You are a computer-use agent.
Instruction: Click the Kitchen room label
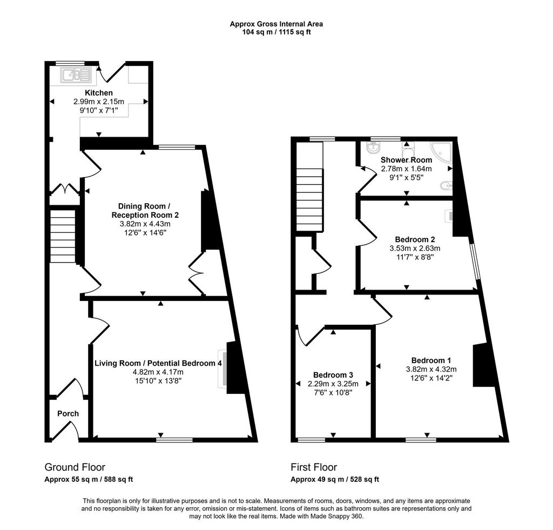[x=99, y=93]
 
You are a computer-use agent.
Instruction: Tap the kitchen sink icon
[x=76, y=75]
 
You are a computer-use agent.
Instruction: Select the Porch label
[x=68, y=413]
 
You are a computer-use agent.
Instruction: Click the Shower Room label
[x=406, y=160]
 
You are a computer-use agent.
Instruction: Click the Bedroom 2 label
[x=415, y=239]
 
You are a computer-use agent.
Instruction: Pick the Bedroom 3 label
[x=333, y=375]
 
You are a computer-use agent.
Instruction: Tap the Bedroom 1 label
[x=431, y=360]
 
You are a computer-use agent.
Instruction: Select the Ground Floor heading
[x=75, y=467]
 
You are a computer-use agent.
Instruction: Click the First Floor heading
[x=314, y=467]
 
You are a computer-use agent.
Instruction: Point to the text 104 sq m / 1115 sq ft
[x=276, y=32]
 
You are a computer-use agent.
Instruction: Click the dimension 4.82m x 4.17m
[x=158, y=372]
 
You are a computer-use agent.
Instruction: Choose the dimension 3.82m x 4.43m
[x=145, y=224]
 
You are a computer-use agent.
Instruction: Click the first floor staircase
[x=309, y=200]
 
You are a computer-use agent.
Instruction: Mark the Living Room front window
[x=174, y=440]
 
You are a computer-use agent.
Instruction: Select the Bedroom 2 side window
[x=475, y=262]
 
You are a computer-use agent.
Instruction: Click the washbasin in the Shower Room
[x=373, y=148]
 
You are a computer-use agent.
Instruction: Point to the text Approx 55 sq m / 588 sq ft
[x=89, y=480]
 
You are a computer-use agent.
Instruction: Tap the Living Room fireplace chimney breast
[x=235, y=368]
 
